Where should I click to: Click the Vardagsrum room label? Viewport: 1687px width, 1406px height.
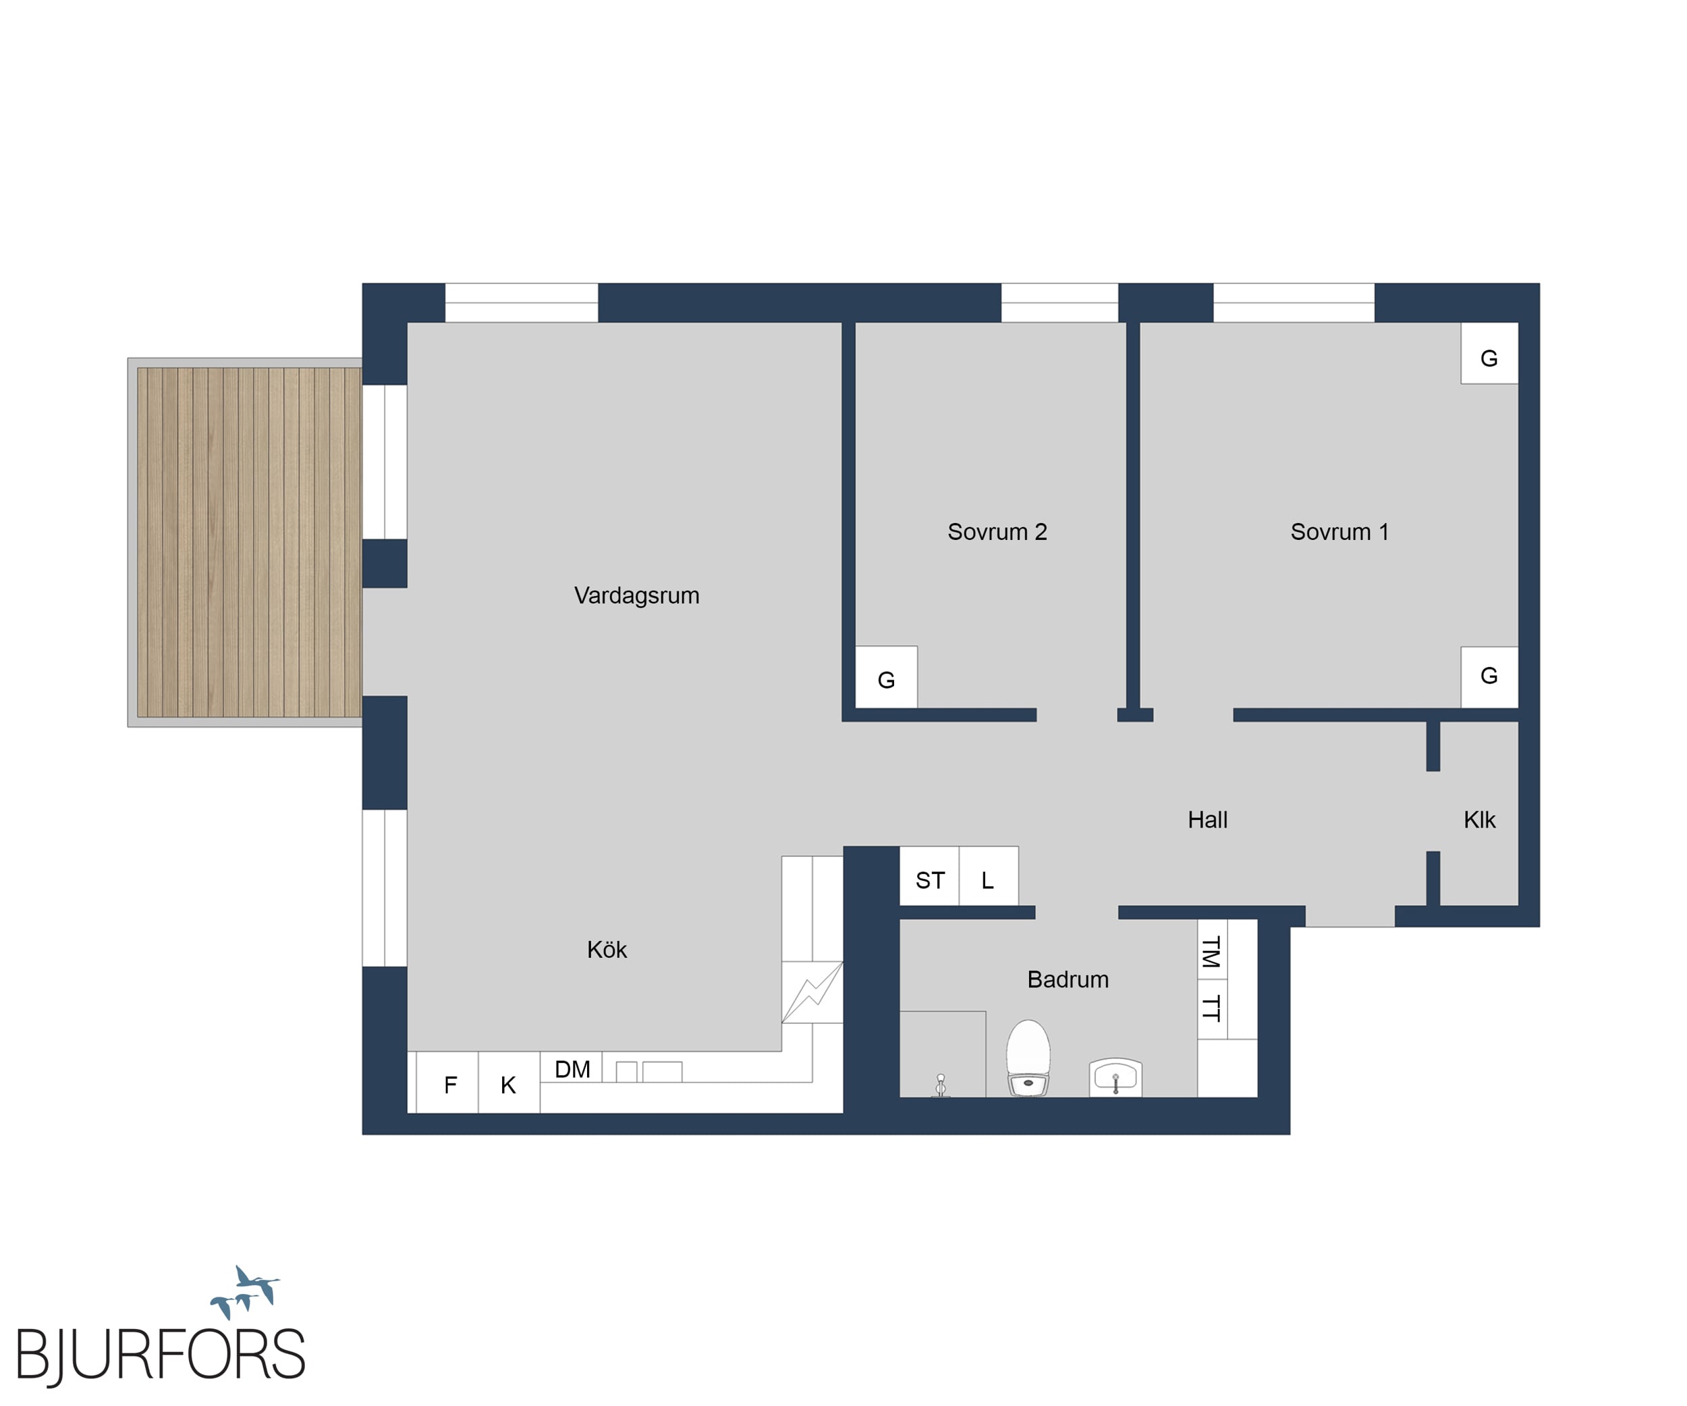point(636,595)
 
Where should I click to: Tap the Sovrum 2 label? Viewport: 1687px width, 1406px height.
point(997,532)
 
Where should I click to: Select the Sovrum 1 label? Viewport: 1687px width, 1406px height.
point(1339,532)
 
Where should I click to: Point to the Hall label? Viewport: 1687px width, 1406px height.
point(1207,819)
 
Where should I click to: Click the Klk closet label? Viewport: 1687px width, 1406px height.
point(1479,819)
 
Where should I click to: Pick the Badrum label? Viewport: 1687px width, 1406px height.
point(1068,979)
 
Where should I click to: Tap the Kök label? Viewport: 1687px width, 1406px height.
point(607,950)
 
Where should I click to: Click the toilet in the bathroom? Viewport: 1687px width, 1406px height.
point(1028,1058)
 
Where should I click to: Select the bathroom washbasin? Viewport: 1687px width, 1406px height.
point(1116,1077)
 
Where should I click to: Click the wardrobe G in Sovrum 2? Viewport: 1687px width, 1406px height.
point(886,677)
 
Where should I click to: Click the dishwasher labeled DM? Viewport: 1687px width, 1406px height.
point(571,1068)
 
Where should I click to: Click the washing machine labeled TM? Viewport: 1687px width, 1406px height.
point(1212,950)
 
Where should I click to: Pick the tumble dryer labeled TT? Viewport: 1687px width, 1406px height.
point(1212,1009)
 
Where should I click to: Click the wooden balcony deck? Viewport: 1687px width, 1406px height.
point(249,542)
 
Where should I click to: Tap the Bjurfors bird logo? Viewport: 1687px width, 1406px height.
point(245,1291)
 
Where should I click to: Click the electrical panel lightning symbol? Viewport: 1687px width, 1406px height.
point(812,992)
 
